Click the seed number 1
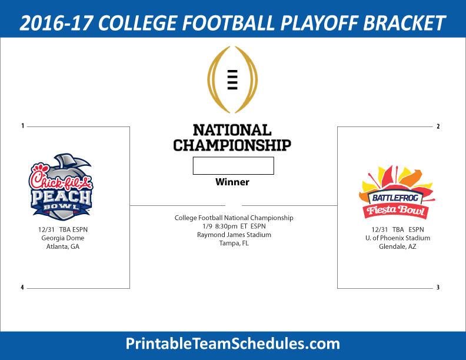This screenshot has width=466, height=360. [x=22, y=126]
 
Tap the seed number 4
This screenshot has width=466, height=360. [x=22, y=287]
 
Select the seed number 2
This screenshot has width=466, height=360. [x=438, y=126]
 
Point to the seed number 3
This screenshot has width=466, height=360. [x=438, y=287]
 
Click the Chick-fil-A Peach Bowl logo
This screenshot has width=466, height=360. [x=61, y=187]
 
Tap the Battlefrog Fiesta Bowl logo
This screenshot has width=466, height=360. [x=397, y=192]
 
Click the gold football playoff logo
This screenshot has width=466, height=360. [x=232, y=79]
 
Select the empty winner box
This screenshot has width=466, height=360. [x=234, y=166]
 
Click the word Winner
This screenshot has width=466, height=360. [x=232, y=182]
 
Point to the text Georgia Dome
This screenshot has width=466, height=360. [x=63, y=238]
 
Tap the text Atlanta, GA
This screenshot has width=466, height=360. [x=63, y=246]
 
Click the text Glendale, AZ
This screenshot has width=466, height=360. [x=397, y=246]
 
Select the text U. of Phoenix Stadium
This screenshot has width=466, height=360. [x=398, y=238]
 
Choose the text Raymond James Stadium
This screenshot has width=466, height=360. [x=234, y=235]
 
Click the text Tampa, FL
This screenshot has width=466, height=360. [x=234, y=244]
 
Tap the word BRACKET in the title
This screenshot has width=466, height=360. [x=404, y=23]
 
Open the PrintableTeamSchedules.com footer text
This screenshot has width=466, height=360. [x=232, y=344]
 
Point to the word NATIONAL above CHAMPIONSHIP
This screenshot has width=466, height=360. [x=232, y=130]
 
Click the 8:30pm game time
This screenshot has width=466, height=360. [x=226, y=226]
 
